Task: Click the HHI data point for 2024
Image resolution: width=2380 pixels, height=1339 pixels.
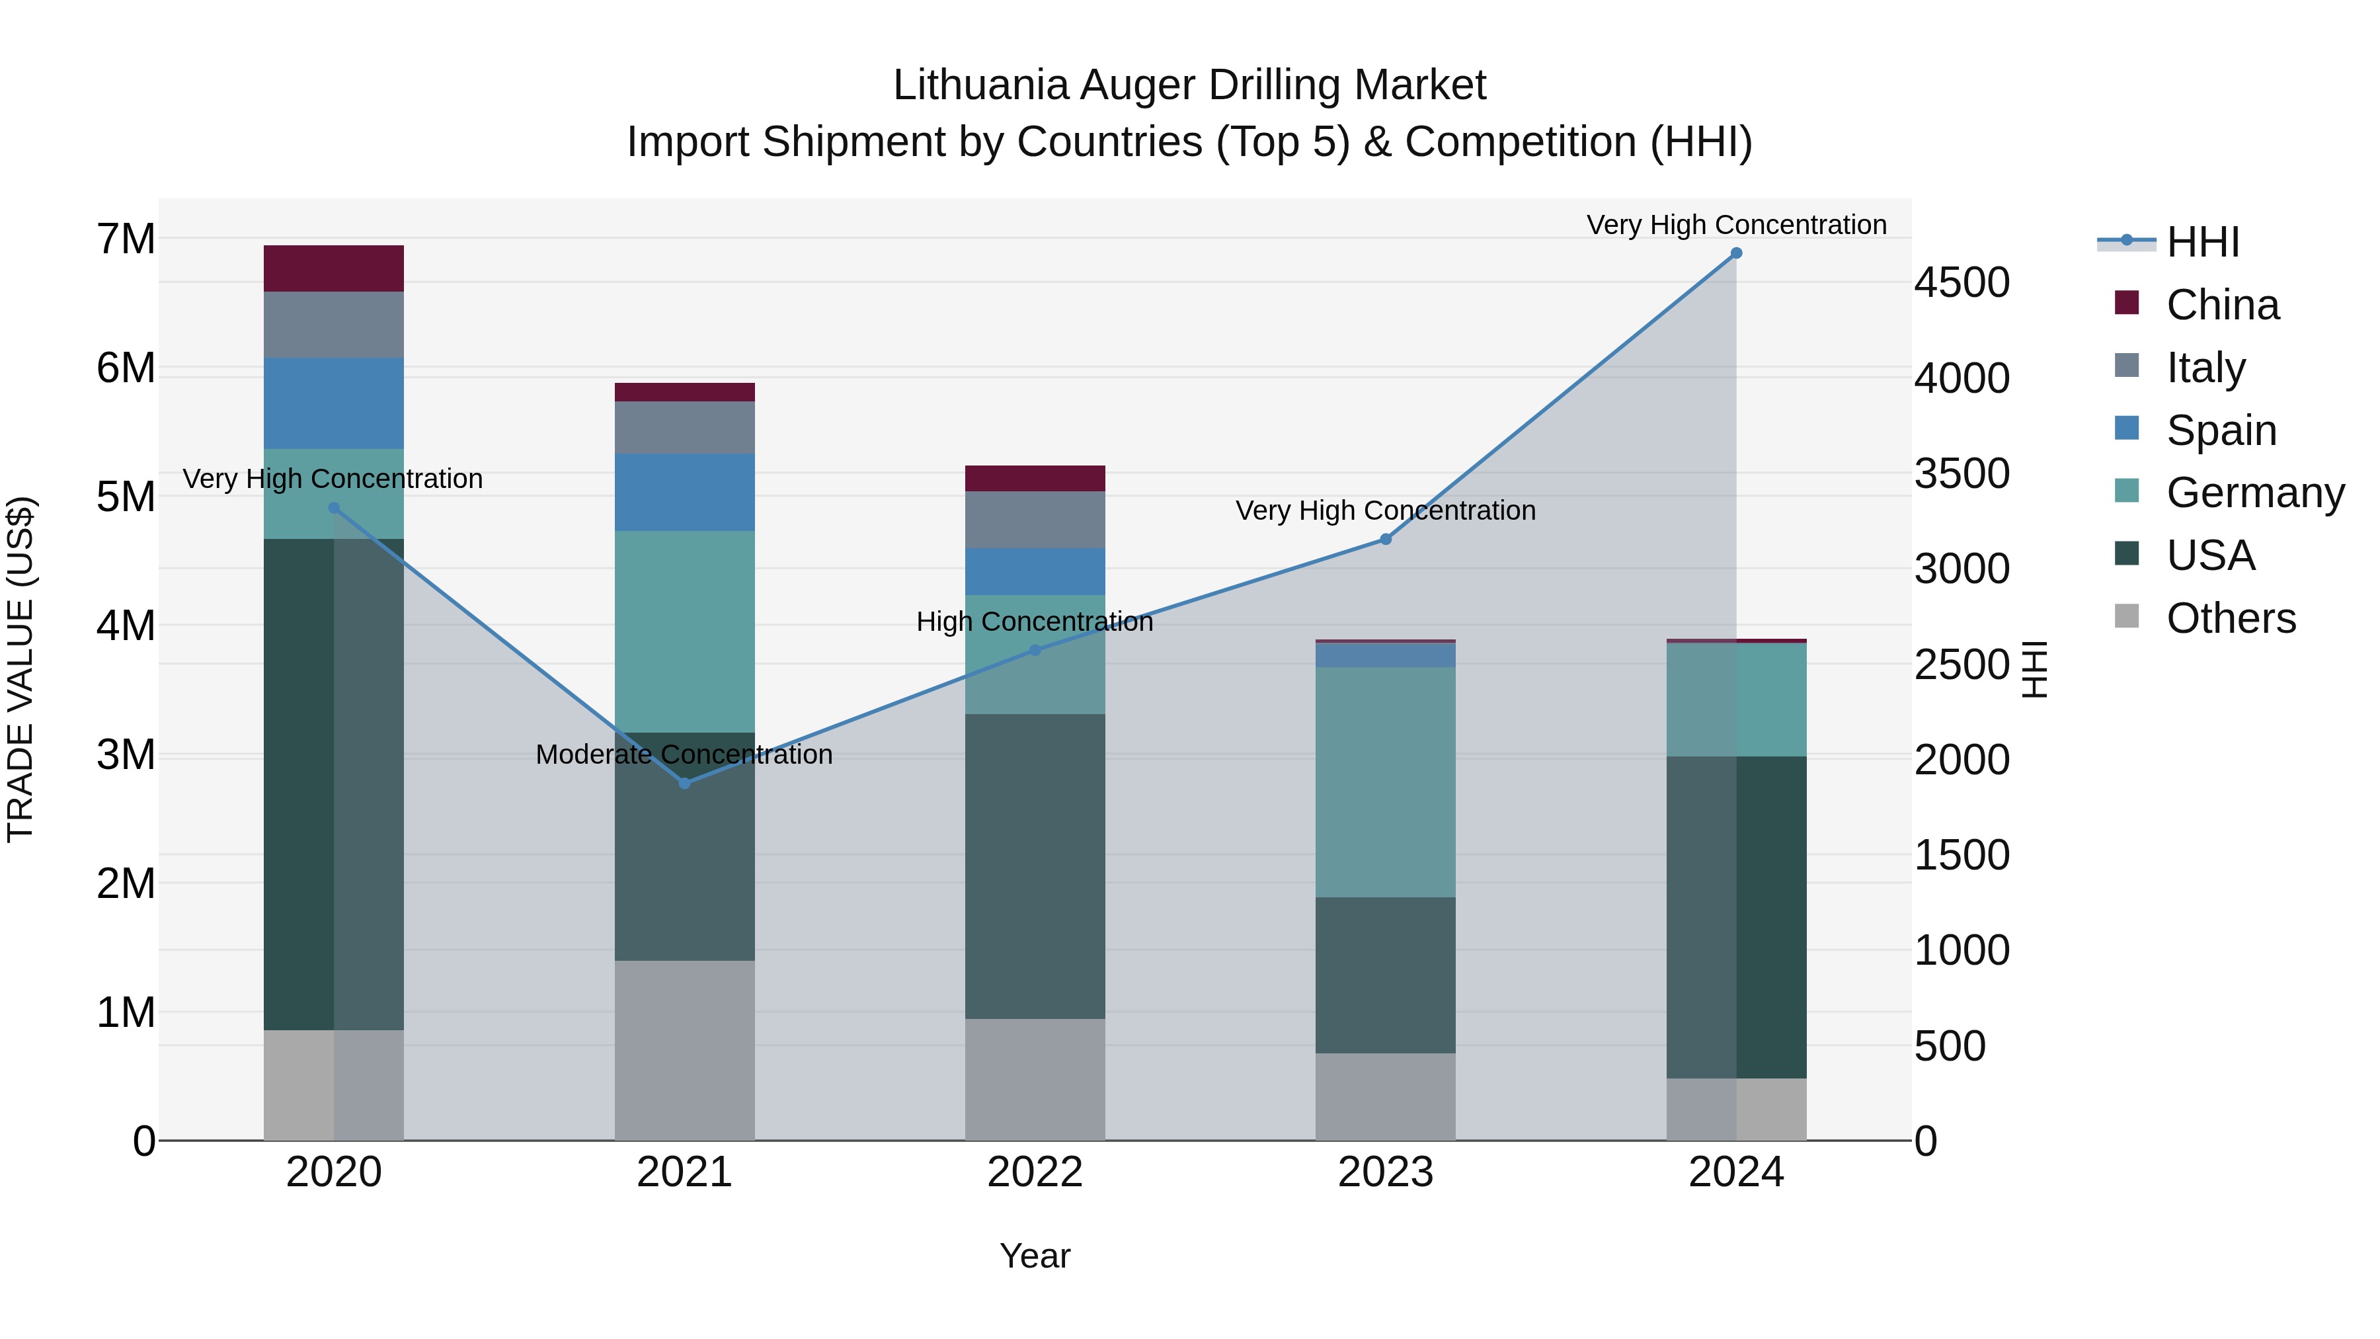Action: tap(1736, 253)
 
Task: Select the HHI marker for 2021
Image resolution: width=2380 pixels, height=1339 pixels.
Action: tap(685, 784)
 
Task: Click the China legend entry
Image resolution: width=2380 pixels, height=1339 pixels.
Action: tap(2222, 305)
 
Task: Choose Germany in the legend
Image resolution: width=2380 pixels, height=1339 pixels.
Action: tap(2254, 493)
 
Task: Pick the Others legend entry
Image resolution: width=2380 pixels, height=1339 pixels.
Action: tap(2231, 618)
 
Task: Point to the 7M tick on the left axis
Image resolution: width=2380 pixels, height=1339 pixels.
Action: tap(126, 239)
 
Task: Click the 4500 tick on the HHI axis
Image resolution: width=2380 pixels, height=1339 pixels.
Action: tap(1961, 283)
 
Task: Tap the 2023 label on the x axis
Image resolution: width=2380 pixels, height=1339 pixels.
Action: tap(1385, 1172)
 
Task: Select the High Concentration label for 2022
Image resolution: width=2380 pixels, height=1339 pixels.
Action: tap(1035, 622)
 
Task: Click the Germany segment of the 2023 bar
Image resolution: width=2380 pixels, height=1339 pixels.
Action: tap(1385, 782)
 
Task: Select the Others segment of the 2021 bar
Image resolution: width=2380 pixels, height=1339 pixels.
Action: tap(685, 1050)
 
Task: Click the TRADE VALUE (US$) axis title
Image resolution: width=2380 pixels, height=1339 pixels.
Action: tap(20, 670)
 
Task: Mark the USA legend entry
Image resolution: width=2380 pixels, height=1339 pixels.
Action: tap(2210, 555)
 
